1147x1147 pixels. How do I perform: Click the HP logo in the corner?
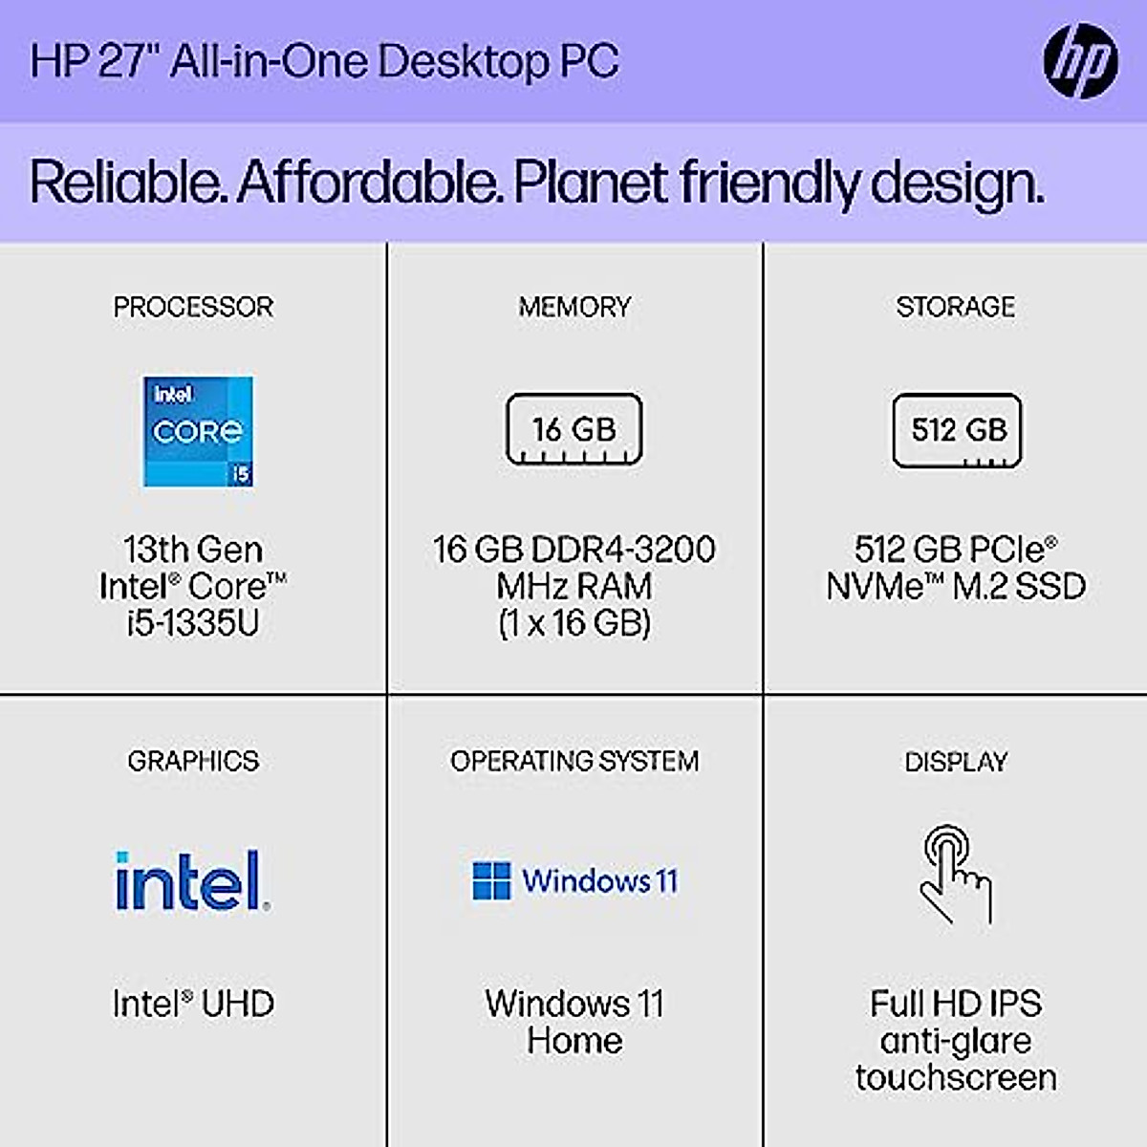tap(1080, 61)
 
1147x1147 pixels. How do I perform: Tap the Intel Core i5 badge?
tap(198, 431)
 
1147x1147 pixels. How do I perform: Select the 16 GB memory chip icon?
tap(573, 429)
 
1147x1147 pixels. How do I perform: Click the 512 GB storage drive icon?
tap(957, 430)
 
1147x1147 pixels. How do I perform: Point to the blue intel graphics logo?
tap(192, 880)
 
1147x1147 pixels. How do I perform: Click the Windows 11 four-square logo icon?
tap(491, 880)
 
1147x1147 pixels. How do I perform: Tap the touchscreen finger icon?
tap(955, 874)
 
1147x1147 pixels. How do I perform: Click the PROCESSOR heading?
tap(193, 307)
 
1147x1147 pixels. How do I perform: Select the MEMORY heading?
tap(574, 307)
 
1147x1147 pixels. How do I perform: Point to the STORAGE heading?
tap(955, 307)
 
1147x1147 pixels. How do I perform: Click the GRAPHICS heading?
tap(193, 761)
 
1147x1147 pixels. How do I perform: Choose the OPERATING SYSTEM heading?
tap(574, 761)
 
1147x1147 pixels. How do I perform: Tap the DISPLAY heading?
tap(956, 762)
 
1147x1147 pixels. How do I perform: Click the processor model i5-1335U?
tap(193, 623)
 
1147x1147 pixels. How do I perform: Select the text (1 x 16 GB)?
tap(574, 623)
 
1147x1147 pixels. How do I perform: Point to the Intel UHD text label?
tap(193, 1004)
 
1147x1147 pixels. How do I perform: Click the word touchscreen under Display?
tap(956, 1077)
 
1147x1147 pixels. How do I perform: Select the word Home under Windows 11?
tap(574, 1040)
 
